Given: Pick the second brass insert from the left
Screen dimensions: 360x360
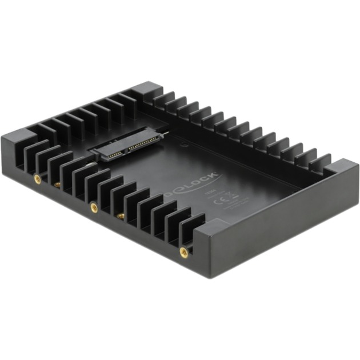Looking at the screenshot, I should pos(57,185).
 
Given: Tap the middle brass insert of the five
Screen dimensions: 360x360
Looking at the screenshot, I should pos(93,206).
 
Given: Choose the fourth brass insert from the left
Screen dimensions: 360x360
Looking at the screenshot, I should pos(121,215).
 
